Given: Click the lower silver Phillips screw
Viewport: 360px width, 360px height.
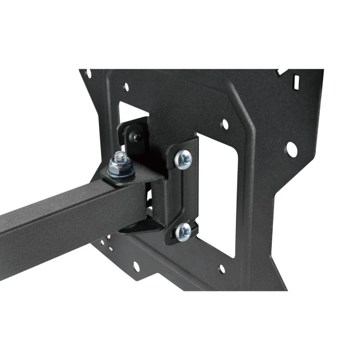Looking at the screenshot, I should point(183,231).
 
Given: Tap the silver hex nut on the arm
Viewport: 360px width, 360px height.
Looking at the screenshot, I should point(119,167).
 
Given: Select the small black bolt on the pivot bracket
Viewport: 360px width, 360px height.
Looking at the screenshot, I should point(135,135).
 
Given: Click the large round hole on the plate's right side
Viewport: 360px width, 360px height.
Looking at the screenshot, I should point(291,149).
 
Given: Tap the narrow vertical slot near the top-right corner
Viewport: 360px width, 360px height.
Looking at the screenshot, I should point(296,81).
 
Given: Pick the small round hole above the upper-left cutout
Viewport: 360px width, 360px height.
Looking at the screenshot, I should point(126,86).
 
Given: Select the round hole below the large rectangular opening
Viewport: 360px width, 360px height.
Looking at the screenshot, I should point(221,269).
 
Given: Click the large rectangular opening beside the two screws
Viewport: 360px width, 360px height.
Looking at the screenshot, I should point(216,193).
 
